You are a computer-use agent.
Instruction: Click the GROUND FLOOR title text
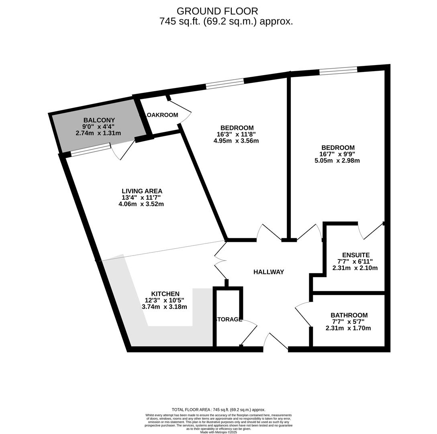[217, 11]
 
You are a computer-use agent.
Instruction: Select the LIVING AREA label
[142, 191]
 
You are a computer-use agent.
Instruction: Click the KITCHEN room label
[165, 294]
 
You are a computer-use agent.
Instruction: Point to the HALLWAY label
[269, 272]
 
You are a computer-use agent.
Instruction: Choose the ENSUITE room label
[355, 255]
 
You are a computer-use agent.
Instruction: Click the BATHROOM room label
[349, 315]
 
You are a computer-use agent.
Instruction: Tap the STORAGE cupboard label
[229, 319]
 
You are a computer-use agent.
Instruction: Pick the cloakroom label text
[160, 115]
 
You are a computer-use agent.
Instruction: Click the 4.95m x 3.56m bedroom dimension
[236, 141]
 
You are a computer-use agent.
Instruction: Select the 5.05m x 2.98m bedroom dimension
[337, 161]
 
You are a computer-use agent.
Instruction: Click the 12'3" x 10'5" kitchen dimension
[164, 301]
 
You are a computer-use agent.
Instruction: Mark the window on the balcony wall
[91, 149]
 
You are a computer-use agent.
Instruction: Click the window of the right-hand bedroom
[338, 71]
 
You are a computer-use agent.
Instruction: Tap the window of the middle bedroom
[225, 83]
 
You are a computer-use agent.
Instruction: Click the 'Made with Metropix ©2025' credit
[218, 432]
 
